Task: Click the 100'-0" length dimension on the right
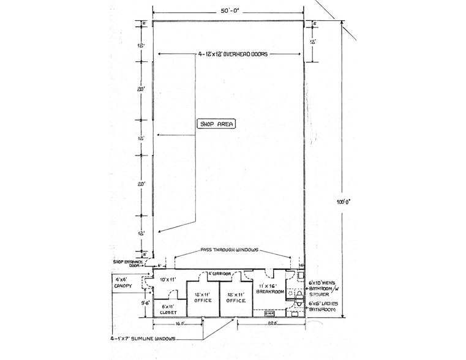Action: click(x=351, y=200)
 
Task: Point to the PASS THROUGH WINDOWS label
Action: click(x=230, y=250)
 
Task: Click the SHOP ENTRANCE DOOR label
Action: click(x=127, y=264)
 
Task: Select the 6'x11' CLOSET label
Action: click(x=168, y=309)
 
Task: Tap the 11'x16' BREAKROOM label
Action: click(x=270, y=289)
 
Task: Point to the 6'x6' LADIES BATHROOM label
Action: click(x=322, y=307)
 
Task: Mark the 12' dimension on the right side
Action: click(x=312, y=42)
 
